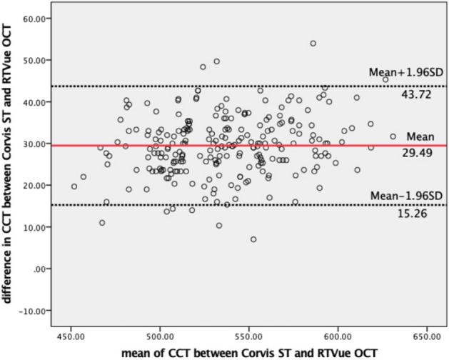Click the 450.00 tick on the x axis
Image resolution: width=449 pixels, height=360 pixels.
click(x=71, y=334)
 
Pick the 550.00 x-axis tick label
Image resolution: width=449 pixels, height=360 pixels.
click(x=248, y=334)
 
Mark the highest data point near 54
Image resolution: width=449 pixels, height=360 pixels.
click(x=313, y=44)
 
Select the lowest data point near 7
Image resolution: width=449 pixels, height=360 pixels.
click(x=253, y=239)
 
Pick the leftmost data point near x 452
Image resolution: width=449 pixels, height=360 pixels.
click(x=74, y=186)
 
